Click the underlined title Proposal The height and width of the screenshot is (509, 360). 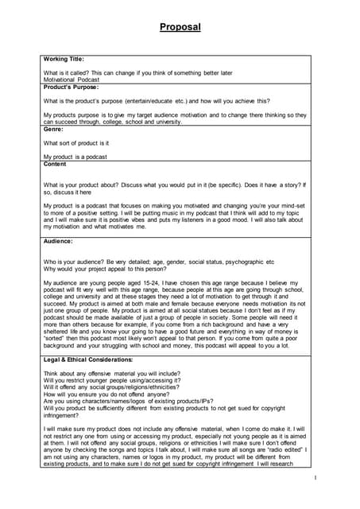(x=180, y=27)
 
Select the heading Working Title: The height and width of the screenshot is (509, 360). (x=64, y=59)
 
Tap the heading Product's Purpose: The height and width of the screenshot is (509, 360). (x=71, y=87)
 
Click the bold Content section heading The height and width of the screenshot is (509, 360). (x=56, y=164)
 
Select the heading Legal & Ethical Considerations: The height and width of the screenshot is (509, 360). (x=88, y=360)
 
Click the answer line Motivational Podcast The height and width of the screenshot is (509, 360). (x=72, y=80)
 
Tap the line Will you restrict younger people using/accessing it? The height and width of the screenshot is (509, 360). (x=111, y=380)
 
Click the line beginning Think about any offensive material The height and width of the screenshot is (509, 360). (x=111, y=373)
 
